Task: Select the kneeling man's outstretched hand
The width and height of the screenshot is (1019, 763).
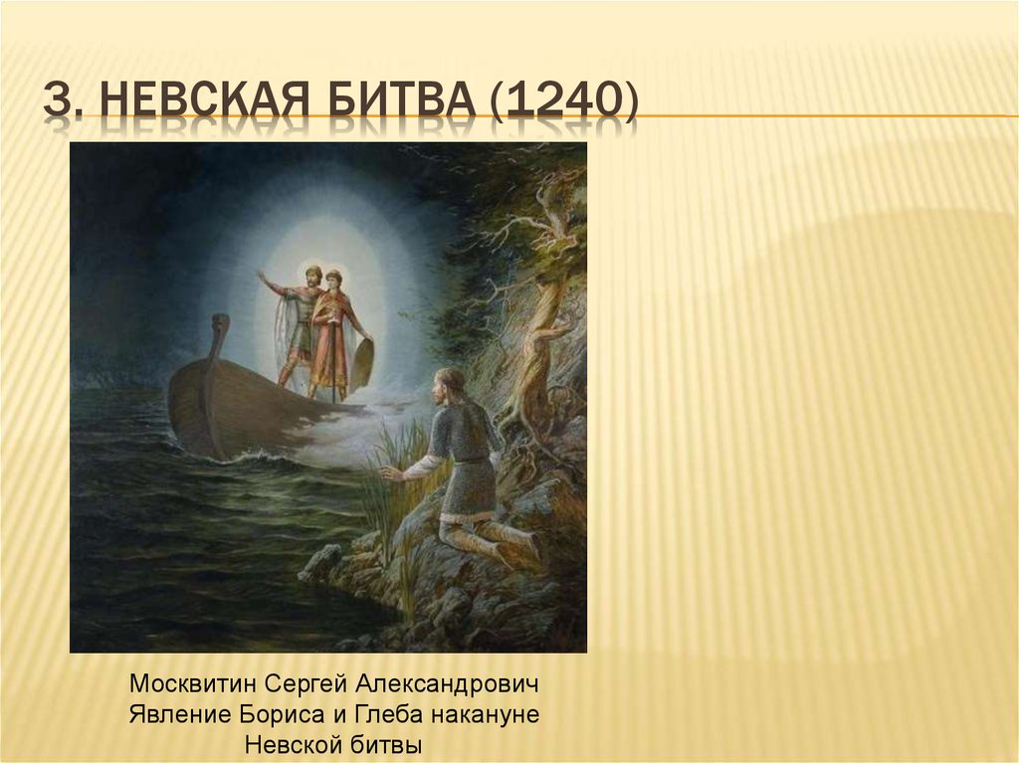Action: coord(390,474)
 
